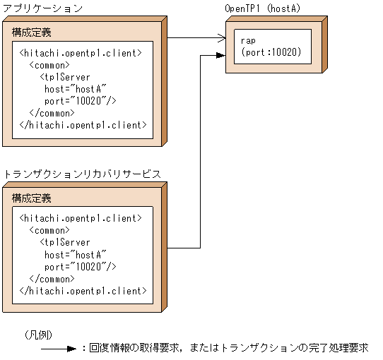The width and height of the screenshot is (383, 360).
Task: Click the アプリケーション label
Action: [43, 8]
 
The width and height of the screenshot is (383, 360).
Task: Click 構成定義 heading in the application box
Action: [31, 33]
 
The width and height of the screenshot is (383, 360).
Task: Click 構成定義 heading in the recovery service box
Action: [31, 198]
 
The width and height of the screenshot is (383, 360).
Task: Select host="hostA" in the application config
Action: [75, 89]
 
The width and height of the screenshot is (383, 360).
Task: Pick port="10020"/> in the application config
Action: [80, 101]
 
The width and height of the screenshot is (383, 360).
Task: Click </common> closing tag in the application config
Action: [49, 113]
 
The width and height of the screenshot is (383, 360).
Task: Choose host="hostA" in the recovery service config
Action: [75, 254]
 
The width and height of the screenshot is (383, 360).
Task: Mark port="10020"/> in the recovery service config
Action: [80, 266]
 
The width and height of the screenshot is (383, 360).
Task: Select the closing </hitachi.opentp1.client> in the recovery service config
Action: [83, 290]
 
